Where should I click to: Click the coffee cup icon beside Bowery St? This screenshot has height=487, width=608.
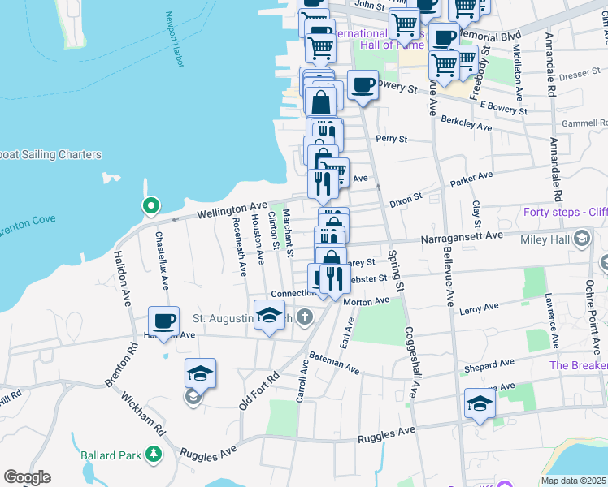[x=363, y=85]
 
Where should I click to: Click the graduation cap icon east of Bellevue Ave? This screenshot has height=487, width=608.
[x=480, y=403]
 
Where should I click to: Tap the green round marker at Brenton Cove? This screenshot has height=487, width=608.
[x=150, y=206]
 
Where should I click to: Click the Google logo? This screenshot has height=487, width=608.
[x=27, y=477]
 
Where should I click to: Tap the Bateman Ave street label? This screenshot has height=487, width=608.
[x=334, y=364]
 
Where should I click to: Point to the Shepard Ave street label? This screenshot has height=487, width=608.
[x=489, y=367]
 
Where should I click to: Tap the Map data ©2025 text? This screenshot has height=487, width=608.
[x=573, y=481]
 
